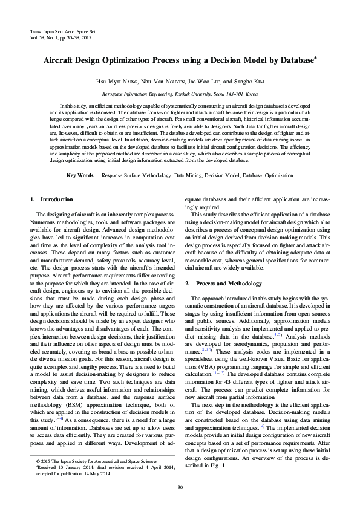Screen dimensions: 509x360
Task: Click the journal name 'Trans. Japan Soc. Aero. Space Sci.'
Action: click(63, 30)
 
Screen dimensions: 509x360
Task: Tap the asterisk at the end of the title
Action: click(316, 59)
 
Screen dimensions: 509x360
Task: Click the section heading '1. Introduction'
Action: click(51, 199)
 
